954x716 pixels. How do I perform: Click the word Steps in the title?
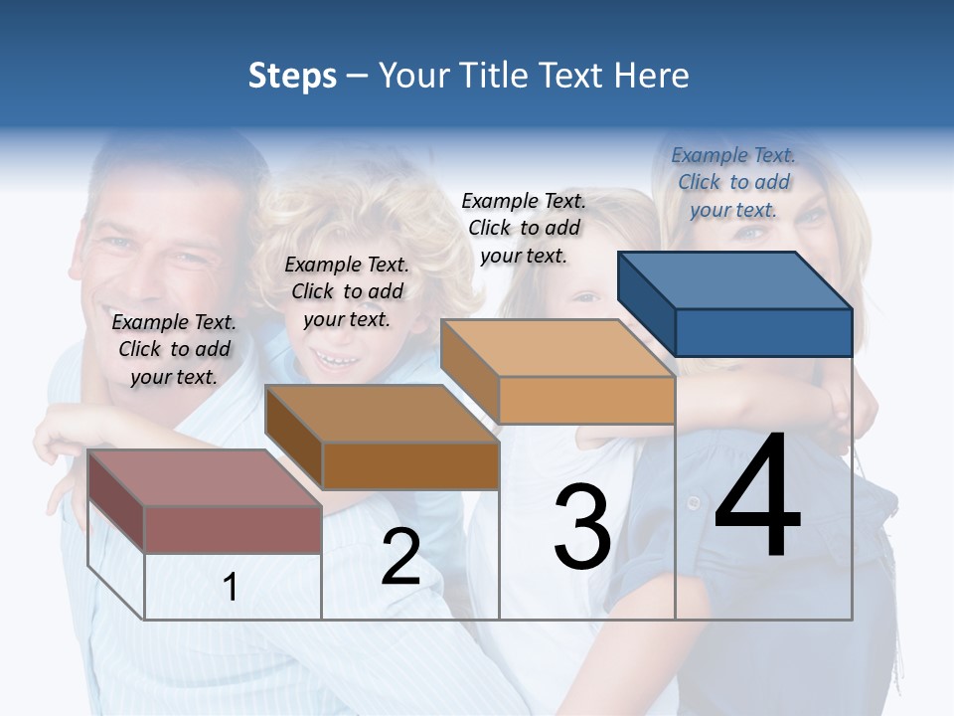coord(291,76)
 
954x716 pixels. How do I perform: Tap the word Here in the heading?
coord(652,76)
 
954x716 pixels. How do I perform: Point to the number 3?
coord(582,526)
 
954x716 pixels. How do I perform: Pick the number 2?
coord(400,556)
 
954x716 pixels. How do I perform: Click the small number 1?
coord(230,587)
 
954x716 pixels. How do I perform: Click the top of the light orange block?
coord(556,348)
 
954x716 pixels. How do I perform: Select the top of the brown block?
coord(382,414)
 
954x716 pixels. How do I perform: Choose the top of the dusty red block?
coord(205,478)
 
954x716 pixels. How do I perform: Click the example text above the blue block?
coord(733,182)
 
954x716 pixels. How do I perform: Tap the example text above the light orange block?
coord(524,228)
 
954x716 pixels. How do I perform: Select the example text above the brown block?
coord(347,291)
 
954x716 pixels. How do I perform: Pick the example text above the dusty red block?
coord(174,349)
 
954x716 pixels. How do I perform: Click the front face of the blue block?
coord(763,332)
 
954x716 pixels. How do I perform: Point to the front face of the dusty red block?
coord(233,529)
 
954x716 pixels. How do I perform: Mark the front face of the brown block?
coord(410,465)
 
